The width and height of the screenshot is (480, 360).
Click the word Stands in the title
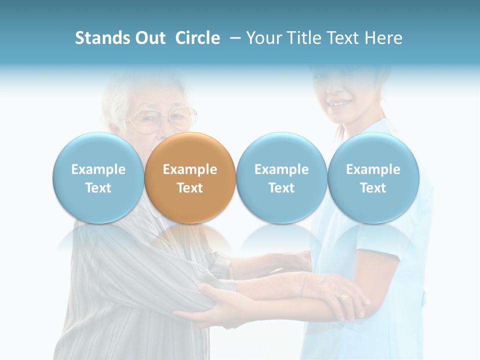click(x=102, y=38)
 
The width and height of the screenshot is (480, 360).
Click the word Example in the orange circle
click(x=190, y=169)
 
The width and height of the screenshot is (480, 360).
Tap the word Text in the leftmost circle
click(x=98, y=188)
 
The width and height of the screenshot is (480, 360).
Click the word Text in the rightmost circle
click(x=373, y=188)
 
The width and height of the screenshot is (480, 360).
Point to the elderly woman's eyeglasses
click(x=160, y=120)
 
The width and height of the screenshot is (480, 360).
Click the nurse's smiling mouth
click(x=339, y=104)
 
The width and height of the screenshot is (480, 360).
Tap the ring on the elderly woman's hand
click(x=344, y=296)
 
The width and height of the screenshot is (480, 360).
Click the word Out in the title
click(x=149, y=38)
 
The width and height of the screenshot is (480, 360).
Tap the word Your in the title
click(x=262, y=38)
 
